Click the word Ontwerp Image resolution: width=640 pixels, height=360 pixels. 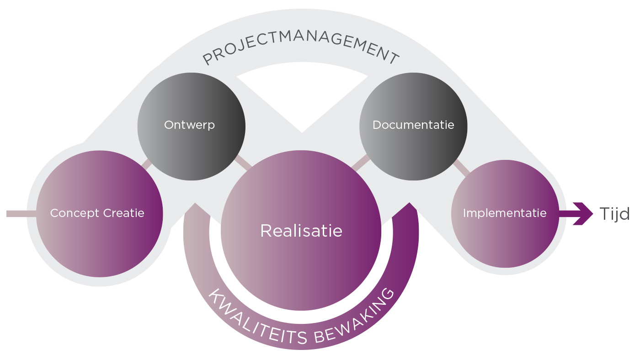pyautogui.click(x=189, y=125)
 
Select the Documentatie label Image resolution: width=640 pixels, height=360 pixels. pyautogui.click(x=413, y=125)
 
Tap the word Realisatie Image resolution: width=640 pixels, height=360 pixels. pyautogui.click(x=301, y=231)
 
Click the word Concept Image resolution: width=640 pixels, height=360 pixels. pyautogui.click(x=75, y=213)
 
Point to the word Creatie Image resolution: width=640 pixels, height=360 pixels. pyautogui.click(x=124, y=213)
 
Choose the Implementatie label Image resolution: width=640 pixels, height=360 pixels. pyautogui.click(x=505, y=213)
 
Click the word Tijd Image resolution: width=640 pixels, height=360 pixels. pyautogui.click(x=614, y=213)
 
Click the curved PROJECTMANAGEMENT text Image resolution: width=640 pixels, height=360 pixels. pyautogui.click(x=301, y=46)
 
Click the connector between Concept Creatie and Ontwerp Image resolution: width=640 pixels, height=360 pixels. pyautogui.click(x=147, y=164)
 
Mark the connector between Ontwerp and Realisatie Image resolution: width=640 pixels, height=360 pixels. pyautogui.click(x=243, y=162)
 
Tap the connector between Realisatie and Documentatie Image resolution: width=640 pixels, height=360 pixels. pyautogui.click(x=361, y=163)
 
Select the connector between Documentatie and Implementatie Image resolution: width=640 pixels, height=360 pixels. pyautogui.click(x=461, y=168)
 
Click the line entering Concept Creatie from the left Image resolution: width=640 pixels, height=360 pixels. pyautogui.click(x=21, y=213)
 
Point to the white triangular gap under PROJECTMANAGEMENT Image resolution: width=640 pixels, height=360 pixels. pyautogui.click(x=302, y=94)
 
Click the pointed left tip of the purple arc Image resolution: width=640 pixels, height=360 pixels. pyautogui.click(x=195, y=204)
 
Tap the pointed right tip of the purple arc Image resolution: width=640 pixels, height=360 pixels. pyautogui.click(x=410, y=203)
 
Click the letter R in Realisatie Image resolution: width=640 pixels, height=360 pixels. pyautogui.click(x=266, y=231)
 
